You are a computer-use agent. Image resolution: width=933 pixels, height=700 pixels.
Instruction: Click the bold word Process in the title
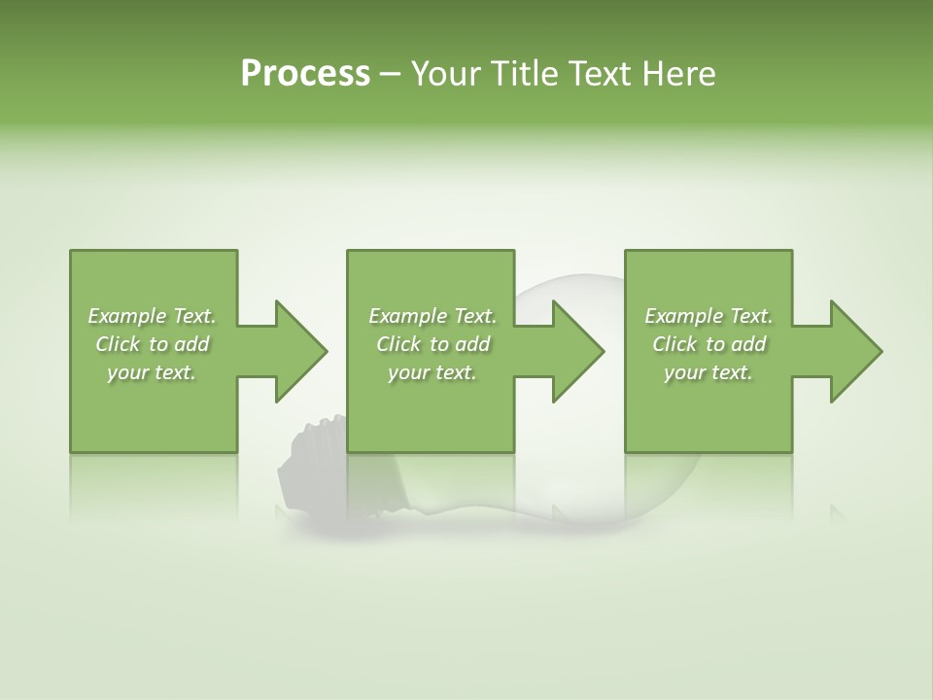[305, 74]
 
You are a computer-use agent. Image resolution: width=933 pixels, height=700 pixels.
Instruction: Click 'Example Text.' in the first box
[152, 316]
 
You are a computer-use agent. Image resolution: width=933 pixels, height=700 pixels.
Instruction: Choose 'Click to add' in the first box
[152, 344]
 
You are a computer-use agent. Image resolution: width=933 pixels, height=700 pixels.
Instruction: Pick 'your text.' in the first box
[152, 372]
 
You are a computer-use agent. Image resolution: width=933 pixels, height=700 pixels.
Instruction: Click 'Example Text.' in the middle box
[432, 316]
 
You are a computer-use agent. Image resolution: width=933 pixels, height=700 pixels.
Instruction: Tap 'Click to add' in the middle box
[432, 344]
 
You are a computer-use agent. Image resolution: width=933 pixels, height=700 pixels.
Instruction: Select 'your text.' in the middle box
[432, 372]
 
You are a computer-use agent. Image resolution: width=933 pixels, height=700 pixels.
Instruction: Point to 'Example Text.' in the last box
[708, 316]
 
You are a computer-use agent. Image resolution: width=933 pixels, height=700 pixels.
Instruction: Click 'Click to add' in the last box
[708, 344]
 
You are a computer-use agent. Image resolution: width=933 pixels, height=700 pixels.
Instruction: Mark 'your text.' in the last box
[708, 372]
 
